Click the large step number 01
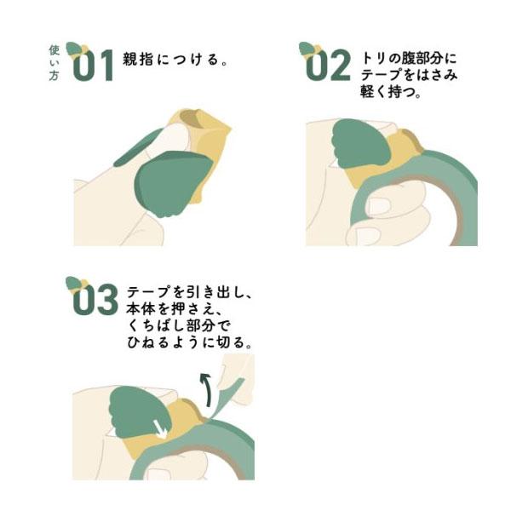[x=93, y=66]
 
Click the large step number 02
[x=328, y=66]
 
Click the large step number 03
[x=95, y=299]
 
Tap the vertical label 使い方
[x=55, y=63]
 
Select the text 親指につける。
[x=175, y=60]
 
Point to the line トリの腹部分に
[x=409, y=58]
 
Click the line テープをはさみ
[x=409, y=75]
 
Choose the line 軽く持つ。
[x=390, y=92]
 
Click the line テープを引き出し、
[x=189, y=292]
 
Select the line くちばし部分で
[x=179, y=325]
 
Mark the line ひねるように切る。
[x=189, y=342]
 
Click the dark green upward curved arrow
[x=207, y=389]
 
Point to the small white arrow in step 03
[x=160, y=430]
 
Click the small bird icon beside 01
[x=78, y=50]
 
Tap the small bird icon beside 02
[x=310, y=50]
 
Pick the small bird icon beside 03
[x=78, y=284]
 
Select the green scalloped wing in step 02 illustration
[x=360, y=143]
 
